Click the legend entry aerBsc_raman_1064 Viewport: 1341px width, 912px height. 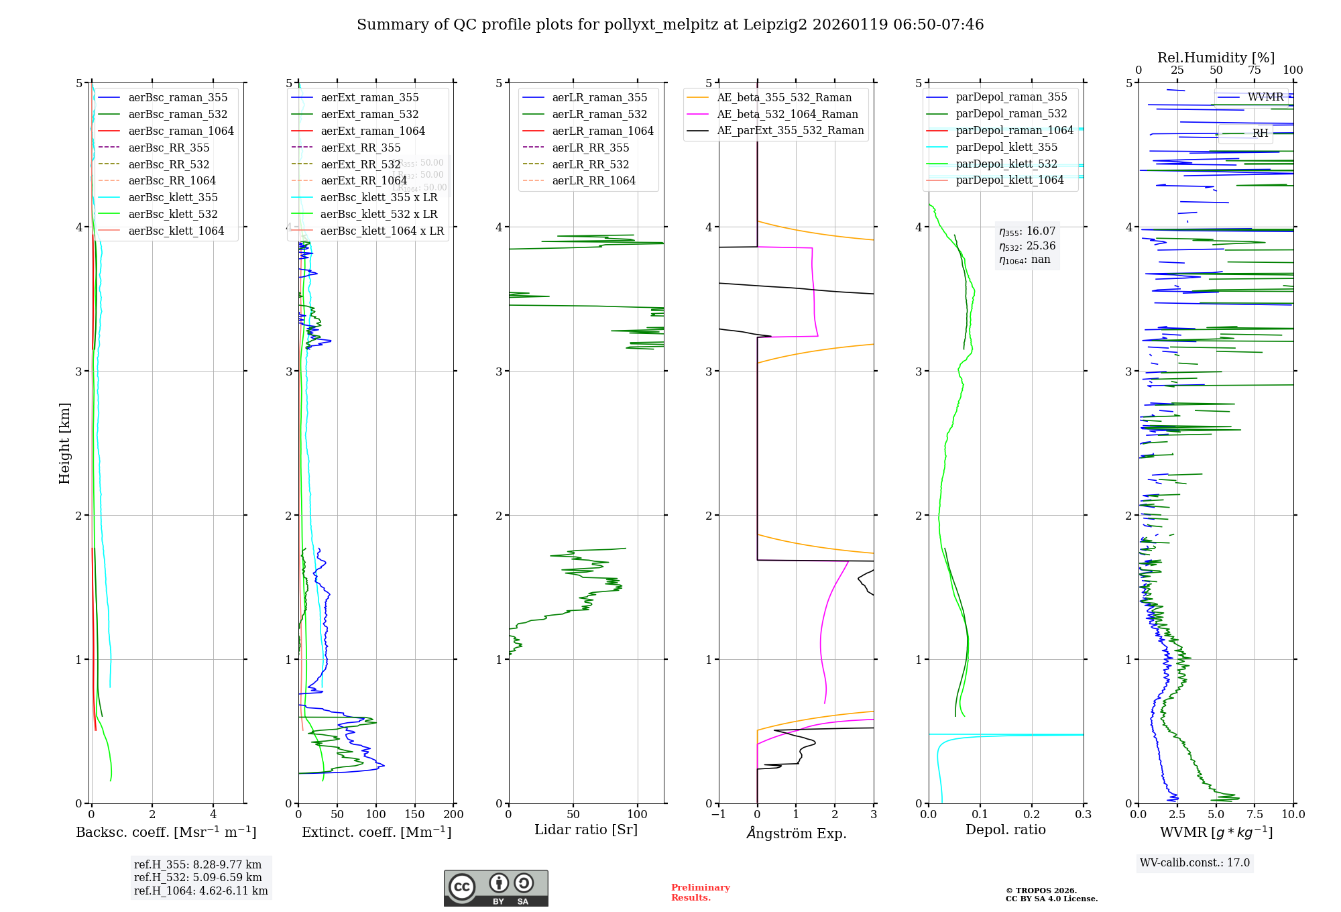(181, 131)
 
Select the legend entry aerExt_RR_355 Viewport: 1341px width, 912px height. (360, 148)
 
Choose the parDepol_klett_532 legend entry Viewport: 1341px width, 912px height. (1006, 164)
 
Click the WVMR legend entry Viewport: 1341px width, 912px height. (1265, 97)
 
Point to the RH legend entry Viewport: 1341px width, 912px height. (1260, 133)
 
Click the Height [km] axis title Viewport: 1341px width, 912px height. (64, 443)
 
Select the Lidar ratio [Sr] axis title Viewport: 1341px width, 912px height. (585, 830)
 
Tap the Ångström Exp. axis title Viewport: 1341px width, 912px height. (796, 833)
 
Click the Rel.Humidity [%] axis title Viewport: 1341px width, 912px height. (1216, 58)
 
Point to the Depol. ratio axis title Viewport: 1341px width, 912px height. (1005, 830)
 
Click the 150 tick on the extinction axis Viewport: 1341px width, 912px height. (414, 814)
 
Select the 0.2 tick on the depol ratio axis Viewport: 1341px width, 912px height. (1031, 814)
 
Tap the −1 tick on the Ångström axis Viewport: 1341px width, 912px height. (718, 814)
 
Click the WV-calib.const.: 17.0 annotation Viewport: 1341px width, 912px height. (1195, 862)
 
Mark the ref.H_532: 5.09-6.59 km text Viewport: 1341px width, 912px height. (198, 877)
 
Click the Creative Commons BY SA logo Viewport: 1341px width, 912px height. (495, 888)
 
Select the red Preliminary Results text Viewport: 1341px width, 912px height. (700, 892)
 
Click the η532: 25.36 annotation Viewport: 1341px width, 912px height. (1027, 245)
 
